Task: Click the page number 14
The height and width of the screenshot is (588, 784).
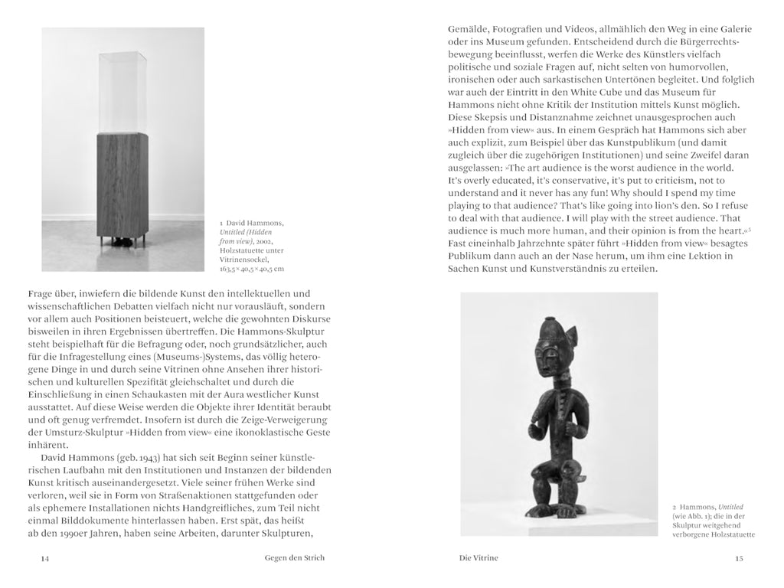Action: coord(45,558)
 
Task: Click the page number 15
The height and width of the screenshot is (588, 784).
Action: coord(738,558)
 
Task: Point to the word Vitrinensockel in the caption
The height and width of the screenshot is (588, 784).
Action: coord(240,259)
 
